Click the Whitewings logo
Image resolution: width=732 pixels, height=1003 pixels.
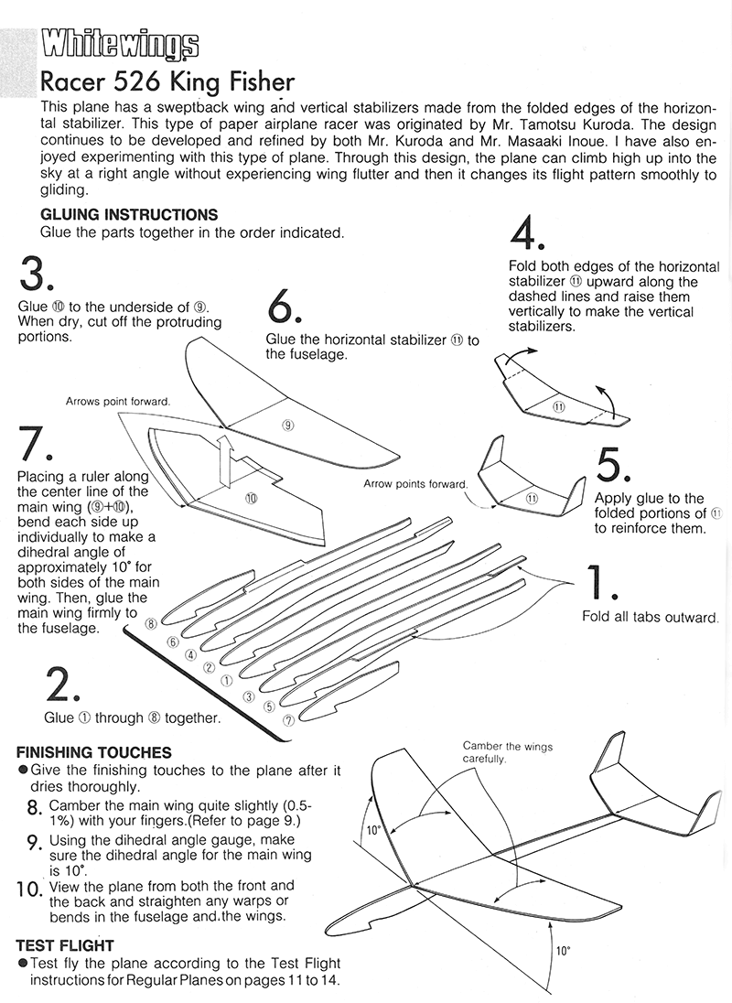(x=120, y=43)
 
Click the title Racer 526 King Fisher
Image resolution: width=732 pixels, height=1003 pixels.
(x=167, y=83)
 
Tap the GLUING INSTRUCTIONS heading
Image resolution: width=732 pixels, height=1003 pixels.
(x=129, y=215)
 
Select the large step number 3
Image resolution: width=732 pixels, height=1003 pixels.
(x=38, y=273)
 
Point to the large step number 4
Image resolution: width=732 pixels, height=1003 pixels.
(x=527, y=234)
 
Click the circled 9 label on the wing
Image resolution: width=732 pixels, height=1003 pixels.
(x=287, y=425)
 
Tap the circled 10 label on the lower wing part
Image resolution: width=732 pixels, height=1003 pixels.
(x=251, y=498)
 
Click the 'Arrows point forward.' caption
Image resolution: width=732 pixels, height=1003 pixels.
(x=118, y=401)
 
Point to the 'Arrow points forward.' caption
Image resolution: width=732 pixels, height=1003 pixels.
(x=415, y=483)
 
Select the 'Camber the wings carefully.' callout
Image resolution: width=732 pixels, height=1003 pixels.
(x=508, y=753)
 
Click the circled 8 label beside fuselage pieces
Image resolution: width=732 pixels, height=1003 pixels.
(x=152, y=623)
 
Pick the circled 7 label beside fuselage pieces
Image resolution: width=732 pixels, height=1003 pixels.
(x=288, y=720)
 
